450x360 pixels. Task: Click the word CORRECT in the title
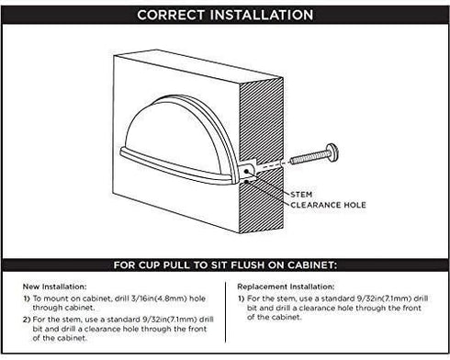[171, 15]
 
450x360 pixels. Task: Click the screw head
[332, 152]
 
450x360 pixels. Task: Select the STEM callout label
[301, 195]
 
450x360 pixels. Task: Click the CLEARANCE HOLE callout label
[328, 205]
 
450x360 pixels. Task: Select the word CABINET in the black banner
[311, 265]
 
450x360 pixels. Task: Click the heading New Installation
[55, 287]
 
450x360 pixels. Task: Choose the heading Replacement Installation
[286, 287]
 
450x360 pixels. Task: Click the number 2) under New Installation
[27, 320]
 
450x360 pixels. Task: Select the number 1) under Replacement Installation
[242, 298]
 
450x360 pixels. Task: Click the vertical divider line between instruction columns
[226, 312]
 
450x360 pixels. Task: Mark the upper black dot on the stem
[246, 172]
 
